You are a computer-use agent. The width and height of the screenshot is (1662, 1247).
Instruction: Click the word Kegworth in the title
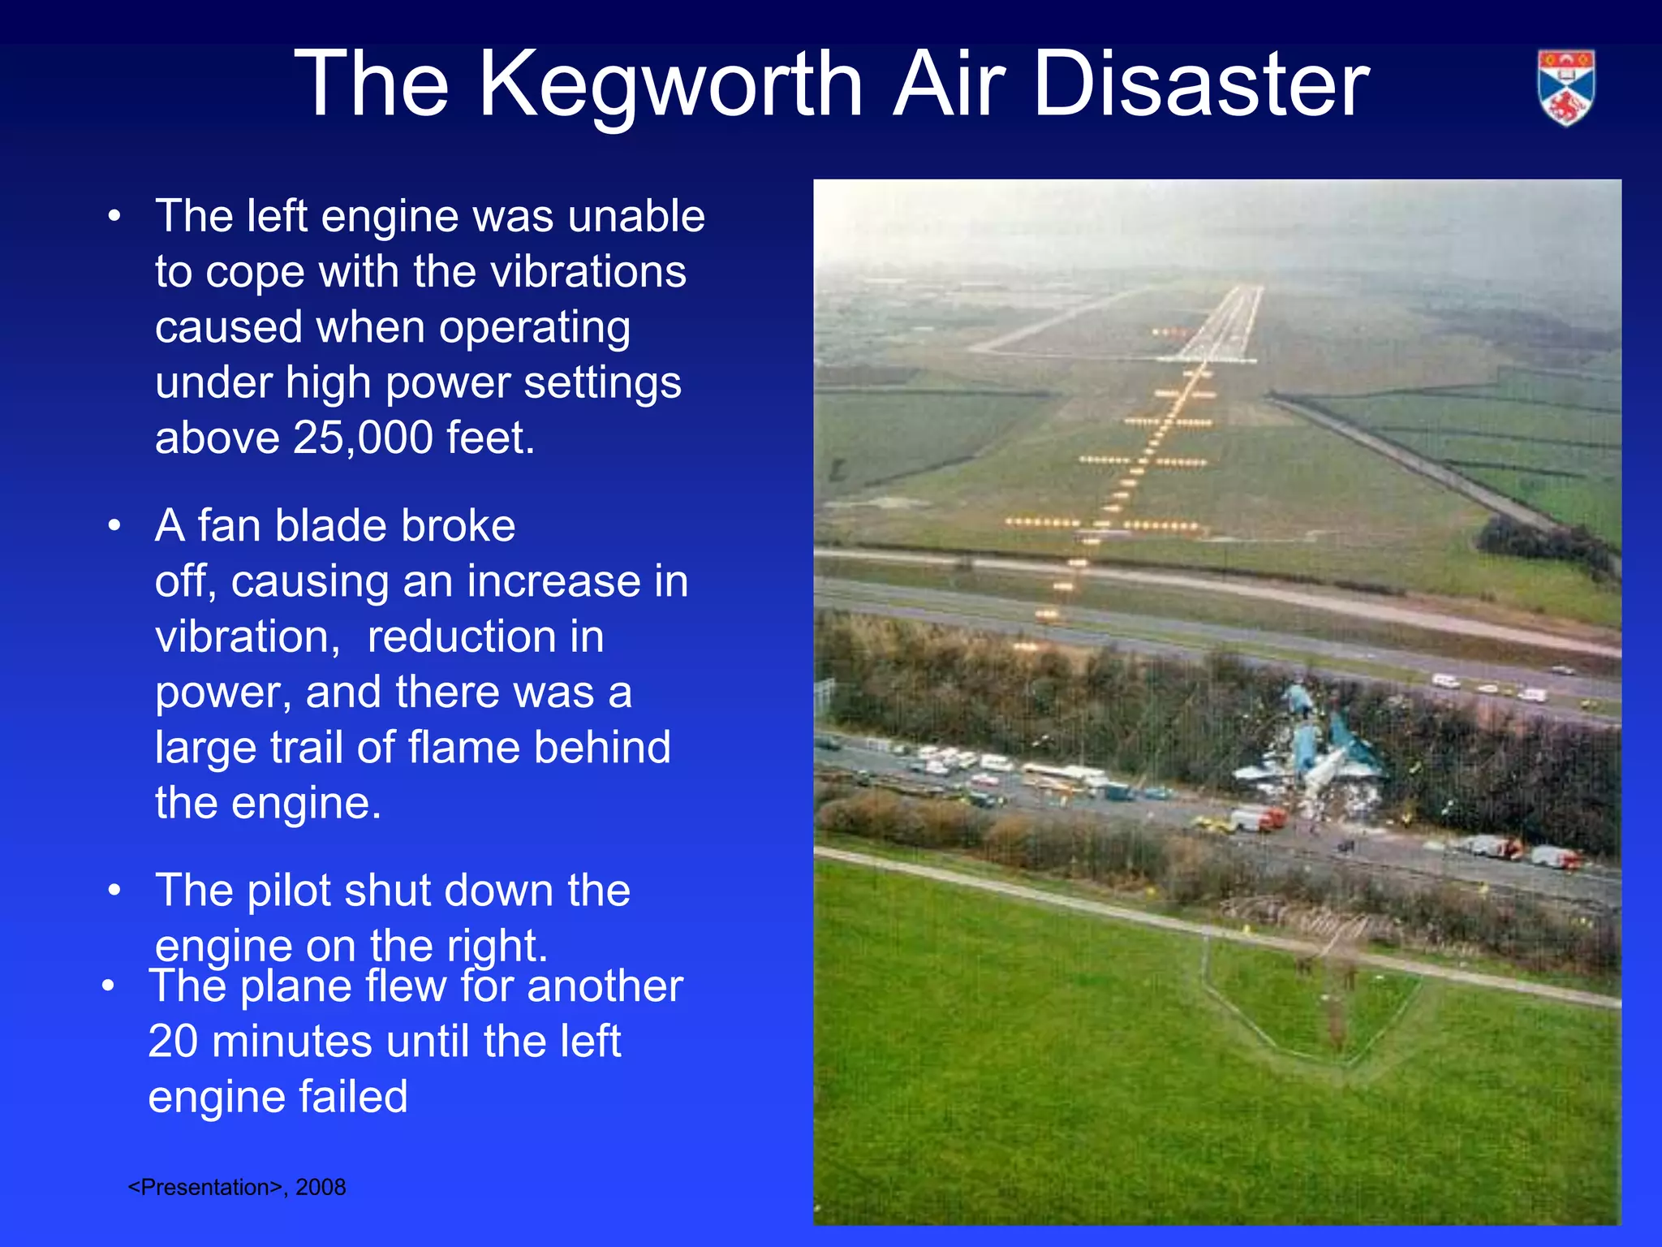tap(670, 84)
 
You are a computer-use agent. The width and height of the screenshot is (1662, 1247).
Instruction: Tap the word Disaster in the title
tap(1201, 84)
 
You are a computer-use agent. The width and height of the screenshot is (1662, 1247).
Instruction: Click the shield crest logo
tap(1565, 88)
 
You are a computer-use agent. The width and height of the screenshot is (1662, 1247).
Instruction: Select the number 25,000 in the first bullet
tap(363, 438)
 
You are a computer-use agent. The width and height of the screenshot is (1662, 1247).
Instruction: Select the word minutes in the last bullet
tap(340, 1042)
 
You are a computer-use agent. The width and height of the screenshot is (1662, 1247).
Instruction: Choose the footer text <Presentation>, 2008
tap(237, 1187)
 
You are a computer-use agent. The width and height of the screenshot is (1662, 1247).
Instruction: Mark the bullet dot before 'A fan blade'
tap(114, 526)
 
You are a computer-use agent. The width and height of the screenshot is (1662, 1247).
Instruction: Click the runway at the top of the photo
tap(1225, 325)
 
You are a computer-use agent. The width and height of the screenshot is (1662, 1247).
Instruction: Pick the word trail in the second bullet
tap(306, 748)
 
